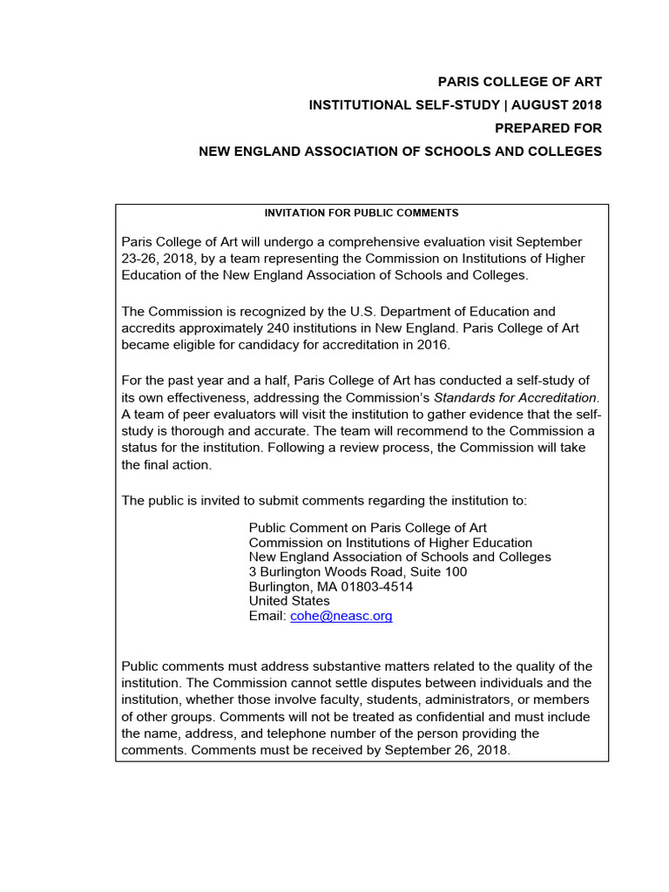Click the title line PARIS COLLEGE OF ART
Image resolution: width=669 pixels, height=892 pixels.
(x=519, y=82)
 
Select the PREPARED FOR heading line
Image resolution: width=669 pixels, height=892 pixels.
(x=548, y=128)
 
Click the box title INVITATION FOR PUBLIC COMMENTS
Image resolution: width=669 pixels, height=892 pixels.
(x=362, y=213)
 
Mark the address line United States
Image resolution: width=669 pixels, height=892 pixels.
(x=289, y=601)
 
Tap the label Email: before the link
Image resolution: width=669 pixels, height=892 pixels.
(x=267, y=616)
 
